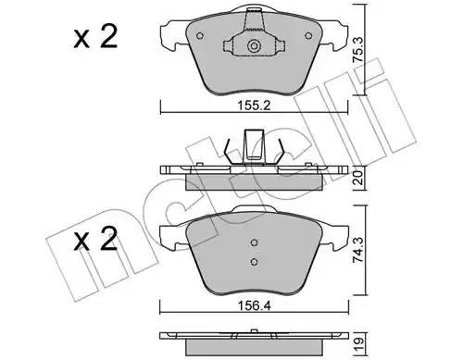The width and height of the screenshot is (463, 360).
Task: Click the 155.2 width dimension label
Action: pyautogui.click(x=254, y=106)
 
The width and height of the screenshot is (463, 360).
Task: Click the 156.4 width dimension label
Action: pyautogui.click(x=254, y=306)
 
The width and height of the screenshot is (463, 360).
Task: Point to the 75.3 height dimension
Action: pyautogui.click(x=358, y=50)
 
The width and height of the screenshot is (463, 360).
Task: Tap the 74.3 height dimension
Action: pyautogui.click(x=358, y=250)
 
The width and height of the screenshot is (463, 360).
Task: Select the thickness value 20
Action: pyautogui.click(x=358, y=178)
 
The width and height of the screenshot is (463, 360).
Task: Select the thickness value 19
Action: pyautogui.click(x=358, y=342)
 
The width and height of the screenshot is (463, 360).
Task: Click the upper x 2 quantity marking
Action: pyautogui.click(x=95, y=37)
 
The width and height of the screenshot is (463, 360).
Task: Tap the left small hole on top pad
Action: pyautogui.click(x=200, y=36)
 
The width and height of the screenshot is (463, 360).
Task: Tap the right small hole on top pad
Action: pyautogui.click(x=308, y=36)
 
